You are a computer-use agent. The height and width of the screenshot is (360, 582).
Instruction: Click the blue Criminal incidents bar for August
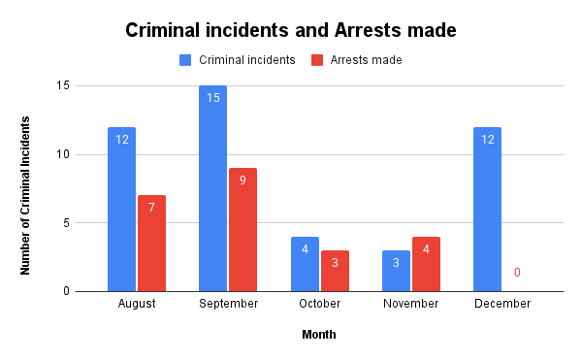point(121,209)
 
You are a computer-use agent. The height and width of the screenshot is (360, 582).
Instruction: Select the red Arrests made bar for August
point(151,243)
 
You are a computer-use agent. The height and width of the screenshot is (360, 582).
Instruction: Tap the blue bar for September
point(212,188)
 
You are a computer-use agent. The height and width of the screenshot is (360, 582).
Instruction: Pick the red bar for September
point(242,229)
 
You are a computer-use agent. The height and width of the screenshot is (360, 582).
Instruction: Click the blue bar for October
point(305,264)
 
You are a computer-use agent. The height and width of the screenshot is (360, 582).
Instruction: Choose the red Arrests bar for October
point(335,271)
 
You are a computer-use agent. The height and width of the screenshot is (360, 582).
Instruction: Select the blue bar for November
point(396,271)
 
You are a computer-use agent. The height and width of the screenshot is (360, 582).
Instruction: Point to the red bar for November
point(426,264)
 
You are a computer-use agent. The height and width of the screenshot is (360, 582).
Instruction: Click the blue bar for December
point(487,209)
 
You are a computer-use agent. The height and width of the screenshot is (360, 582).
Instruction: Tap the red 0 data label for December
point(517,273)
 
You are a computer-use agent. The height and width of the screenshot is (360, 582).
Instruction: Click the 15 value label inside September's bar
point(212,98)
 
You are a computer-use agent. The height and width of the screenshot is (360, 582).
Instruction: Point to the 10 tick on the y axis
point(63,154)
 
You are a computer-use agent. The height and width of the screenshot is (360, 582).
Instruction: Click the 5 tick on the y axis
point(66,223)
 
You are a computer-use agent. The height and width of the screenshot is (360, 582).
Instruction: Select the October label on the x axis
point(319,304)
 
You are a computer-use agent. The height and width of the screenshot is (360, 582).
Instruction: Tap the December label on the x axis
point(502,304)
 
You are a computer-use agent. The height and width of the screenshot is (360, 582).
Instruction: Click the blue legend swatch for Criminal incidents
point(185,60)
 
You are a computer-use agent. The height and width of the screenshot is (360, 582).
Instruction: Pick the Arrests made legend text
point(366,60)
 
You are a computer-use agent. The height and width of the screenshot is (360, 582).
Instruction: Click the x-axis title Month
point(319,335)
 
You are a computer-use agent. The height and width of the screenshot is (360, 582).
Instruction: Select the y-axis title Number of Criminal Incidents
point(26,194)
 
